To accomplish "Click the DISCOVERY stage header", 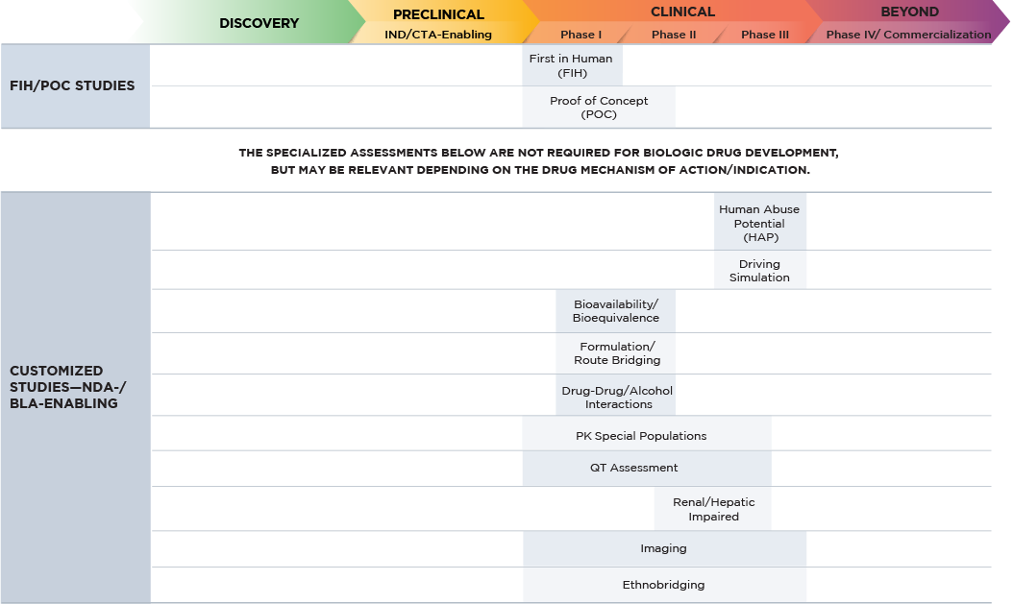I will [259, 23].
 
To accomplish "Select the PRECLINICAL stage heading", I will [438, 14].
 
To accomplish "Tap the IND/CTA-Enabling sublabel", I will [438, 35].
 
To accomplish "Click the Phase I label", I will [581, 35].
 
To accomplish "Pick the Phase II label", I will [674, 35].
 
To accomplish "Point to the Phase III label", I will [765, 35].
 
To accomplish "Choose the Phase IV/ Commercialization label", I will [908, 35].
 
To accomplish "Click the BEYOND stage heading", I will [909, 12].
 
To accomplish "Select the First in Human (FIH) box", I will [571, 65].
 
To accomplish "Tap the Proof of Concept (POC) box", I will [599, 108].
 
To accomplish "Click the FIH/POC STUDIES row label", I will [72, 85].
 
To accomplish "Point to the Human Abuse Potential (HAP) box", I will [759, 223].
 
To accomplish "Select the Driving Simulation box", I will [759, 271].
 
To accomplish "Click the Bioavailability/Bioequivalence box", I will [615, 311].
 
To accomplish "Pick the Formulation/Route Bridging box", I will [616, 353].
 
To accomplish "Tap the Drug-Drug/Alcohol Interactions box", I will [616, 397].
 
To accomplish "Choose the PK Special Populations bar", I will [641, 436].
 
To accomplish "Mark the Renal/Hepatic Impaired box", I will [712, 509].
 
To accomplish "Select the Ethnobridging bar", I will [663, 585].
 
